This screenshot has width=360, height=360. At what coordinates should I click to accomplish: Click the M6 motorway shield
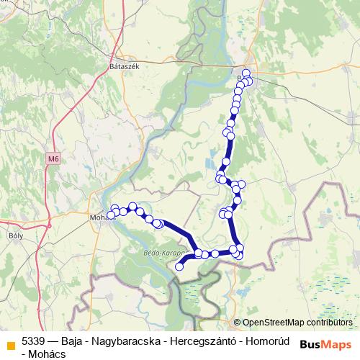[52, 158]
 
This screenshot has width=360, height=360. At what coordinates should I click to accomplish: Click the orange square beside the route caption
[11, 343]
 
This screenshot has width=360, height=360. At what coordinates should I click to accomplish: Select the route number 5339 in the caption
[35, 342]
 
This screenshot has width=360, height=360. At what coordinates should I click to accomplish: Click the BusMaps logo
[325, 343]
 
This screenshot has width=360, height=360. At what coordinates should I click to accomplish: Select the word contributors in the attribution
[330, 323]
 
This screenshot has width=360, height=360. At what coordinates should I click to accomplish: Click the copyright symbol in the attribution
[238, 323]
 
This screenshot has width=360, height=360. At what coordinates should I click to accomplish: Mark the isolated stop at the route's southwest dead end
[179, 266]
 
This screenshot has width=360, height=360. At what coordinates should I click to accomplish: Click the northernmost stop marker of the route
[246, 73]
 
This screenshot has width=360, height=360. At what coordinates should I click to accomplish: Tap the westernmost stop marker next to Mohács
[110, 215]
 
